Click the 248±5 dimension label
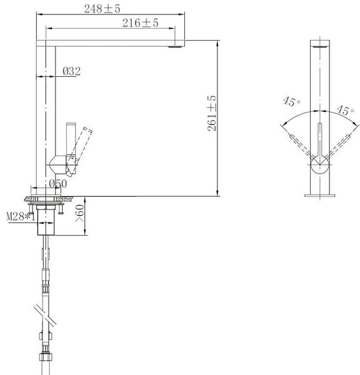pos(102,9)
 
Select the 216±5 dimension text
pos(140,23)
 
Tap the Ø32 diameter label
pos(71,71)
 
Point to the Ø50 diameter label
pos(58,184)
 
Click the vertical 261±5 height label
pos(212,113)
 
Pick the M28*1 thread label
pos(21,217)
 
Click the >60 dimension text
pos(80,213)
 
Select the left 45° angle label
pos(292,101)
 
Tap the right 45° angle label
pos(346,110)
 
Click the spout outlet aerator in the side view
pos(176,47)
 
